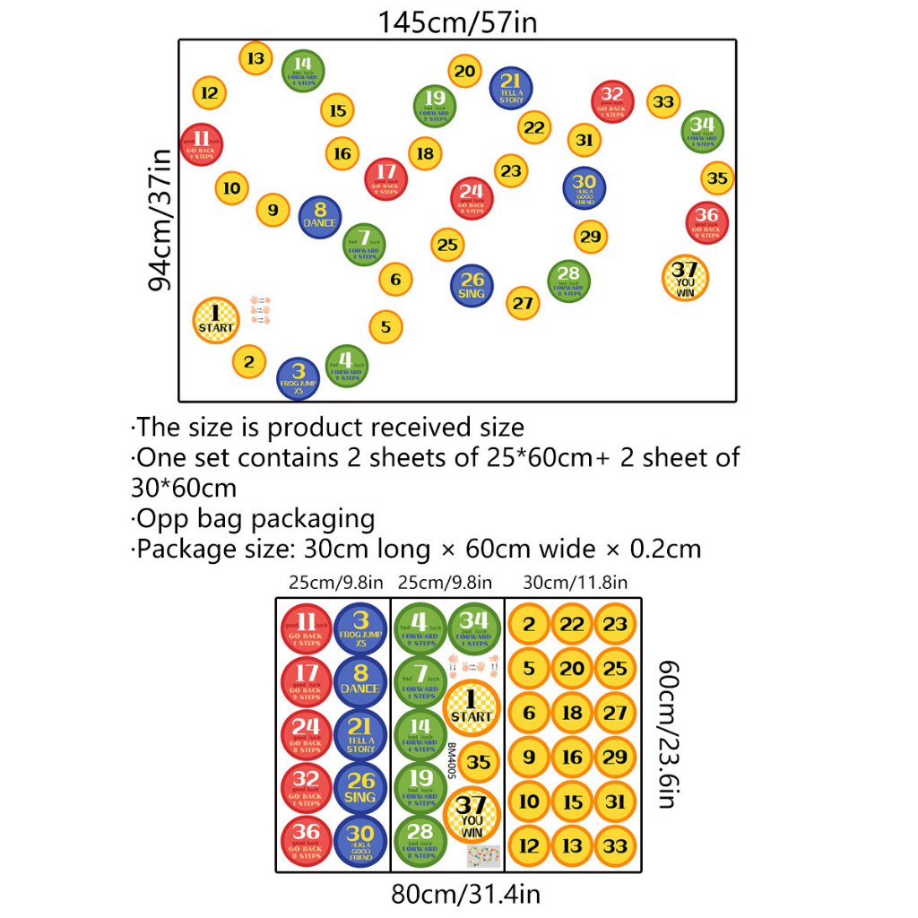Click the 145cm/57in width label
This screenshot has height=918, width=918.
point(457,22)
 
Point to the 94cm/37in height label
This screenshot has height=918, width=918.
point(160,221)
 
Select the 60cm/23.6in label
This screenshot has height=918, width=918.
point(666,734)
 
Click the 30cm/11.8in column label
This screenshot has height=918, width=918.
point(575,583)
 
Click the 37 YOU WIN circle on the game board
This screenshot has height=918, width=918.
point(685,278)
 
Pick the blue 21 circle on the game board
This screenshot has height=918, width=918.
point(511,88)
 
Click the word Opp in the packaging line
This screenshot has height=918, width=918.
point(155,518)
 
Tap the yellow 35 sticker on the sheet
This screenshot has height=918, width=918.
point(480,762)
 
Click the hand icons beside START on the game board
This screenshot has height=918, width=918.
point(260,308)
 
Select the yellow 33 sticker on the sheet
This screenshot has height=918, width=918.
point(615,845)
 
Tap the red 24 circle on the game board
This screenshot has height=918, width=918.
point(472,197)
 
